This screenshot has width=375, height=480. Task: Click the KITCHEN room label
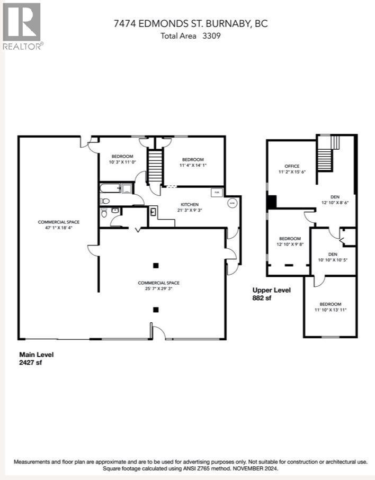pyautogui.click(x=190, y=204)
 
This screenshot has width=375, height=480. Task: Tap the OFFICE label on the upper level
pyautogui.click(x=292, y=166)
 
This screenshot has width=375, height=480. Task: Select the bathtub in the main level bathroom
pyautogui.click(x=111, y=188)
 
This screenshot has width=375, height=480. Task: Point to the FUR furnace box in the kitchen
pyautogui.click(x=217, y=193)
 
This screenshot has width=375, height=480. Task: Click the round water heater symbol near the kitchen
pyautogui.click(x=233, y=203)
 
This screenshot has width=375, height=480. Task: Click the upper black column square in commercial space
pyautogui.click(x=155, y=265)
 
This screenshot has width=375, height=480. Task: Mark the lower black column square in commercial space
pyautogui.click(x=155, y=310)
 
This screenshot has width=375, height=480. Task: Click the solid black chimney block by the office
pyautogui.click(x=271, y=202)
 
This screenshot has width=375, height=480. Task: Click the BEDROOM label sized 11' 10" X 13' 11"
pyautogui.click(x=330, y=304)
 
